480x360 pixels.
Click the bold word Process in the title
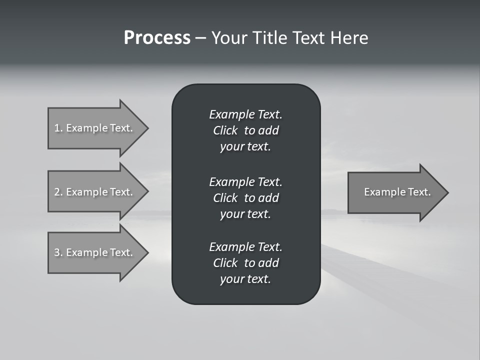pos(157,38)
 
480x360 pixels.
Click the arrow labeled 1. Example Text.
pos(95,128)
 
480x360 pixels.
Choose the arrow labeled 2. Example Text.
pos(95,192)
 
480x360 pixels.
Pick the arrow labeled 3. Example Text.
pos(95,252)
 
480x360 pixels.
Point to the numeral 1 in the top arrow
pos(57,128)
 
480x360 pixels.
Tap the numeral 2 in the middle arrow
pos(57,192)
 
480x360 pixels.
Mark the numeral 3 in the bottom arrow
pos(57,252)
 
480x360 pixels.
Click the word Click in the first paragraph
pos(225,130)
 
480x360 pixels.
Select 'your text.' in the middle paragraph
pos(245,214)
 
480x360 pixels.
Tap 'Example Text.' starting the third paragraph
pos(245,247)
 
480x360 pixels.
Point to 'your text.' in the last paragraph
pos(245,279)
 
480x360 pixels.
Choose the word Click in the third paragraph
pos(225,263)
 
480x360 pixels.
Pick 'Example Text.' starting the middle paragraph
pos(245,182)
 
